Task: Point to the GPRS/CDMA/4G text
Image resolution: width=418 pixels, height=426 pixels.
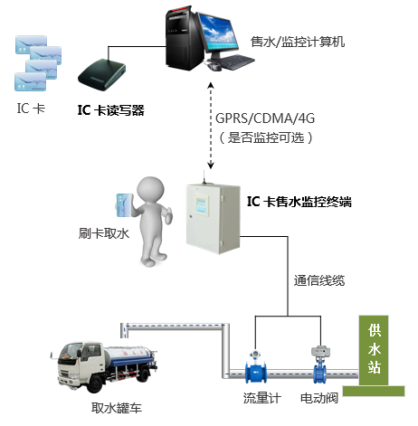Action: tap(265, 118)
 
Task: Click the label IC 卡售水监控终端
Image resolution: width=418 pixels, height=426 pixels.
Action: tap(299, 201)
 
